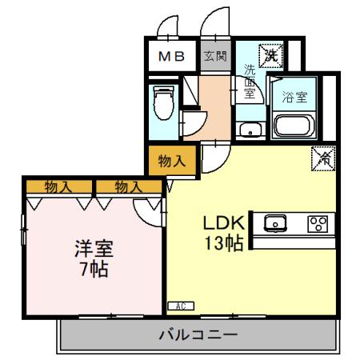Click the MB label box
(x=170, y=56)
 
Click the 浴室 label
(x=294, y=99)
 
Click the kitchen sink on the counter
(x=275, y=223)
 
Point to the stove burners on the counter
(x=318, y=223)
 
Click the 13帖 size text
(x=225, y=245)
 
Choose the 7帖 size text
(x=89, y=269)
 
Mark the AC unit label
(x=181, y=305)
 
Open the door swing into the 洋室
(x=149, y=210)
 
